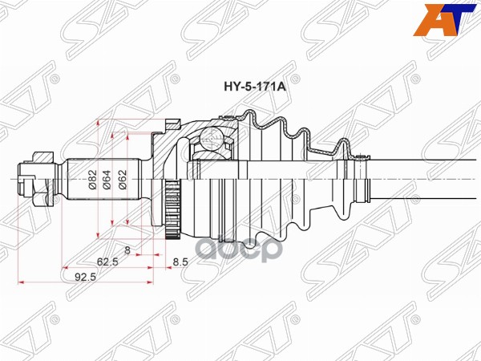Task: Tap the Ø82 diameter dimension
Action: pos(93,180)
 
